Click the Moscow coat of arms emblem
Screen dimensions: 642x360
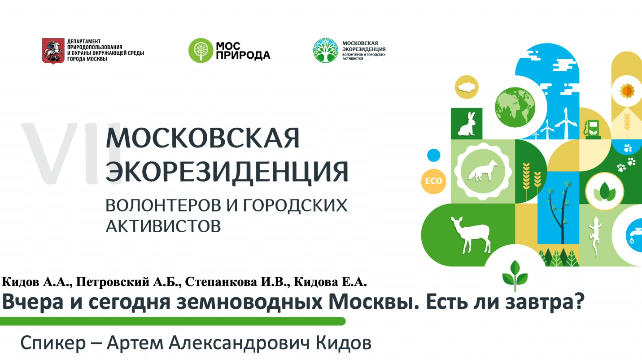pyautogui.click(x=53, y=51)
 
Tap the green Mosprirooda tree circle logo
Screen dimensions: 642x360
pyautogui.click(x=201, y=50)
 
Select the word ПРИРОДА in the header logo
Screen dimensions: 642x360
pyautogui.click(x=243, y=55)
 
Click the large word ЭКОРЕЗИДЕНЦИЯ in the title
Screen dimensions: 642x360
pyautogui.click(x=227, y=171)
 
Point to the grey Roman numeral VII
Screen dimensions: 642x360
pyautogui.click(x=72, y=153)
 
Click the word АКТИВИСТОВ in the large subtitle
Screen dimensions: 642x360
pyautogui.click(x=163, y=226)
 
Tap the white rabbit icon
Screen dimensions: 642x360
pyautogui.click(x=467, y=124)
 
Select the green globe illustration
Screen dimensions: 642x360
pyautogui.click(x=515, y=107)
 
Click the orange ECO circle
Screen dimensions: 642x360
pyautogui.click(x=433, y=181)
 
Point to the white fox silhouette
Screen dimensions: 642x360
pyautogui.click(x=483, y=171)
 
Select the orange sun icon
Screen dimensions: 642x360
pyautogui.click(x=627, y=91)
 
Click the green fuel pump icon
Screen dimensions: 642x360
pyautogui.click(x=592, y=130)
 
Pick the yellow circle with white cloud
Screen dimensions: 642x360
pyautogui.click(x=467, y=87)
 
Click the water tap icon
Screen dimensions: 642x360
pyautogui.click(x=634, y=235)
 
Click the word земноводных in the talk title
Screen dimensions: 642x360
pyautogui.click(x=249, y=302)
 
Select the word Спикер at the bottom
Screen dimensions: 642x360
pyautogui.click(x=53, y=343)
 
